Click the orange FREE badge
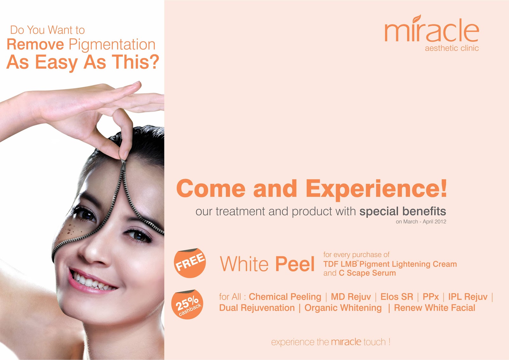coord(190,263)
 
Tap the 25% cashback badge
coord(187,304)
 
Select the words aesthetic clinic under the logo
coord(452,48)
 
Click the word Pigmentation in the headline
coord(112,45)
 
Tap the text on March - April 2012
coord(421,222)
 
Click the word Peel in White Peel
coord(295,264)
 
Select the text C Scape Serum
coord(367,273)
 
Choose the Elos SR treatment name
coord(396,297)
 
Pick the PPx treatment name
coord(430,297)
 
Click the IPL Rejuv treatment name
coord(468,297)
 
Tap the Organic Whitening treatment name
coord(343,308)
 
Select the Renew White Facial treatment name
coord(435,308)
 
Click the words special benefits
coord(403,211)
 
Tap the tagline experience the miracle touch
coord(331,342)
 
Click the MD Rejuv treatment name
coord(351,297)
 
